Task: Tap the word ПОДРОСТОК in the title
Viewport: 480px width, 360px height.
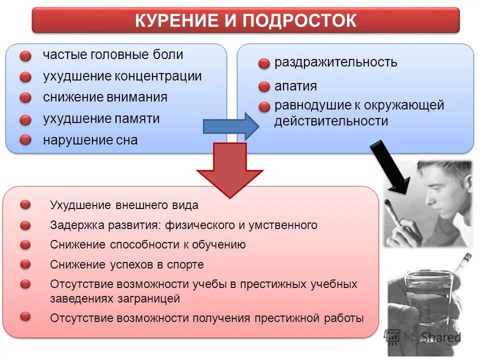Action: click(x=299, y=21)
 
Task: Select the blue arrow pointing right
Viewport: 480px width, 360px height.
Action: click(x=230, y=126)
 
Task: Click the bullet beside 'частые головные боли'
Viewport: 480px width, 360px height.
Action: click(x=25, y=56)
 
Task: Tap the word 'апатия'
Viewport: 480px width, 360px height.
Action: click(x=295, y=86)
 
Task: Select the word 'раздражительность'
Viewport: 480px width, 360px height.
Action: click(x=335, y=62)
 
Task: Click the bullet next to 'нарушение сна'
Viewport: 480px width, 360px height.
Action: click(x=25, y=140)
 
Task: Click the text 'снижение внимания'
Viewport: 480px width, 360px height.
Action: click(x=105, y=97)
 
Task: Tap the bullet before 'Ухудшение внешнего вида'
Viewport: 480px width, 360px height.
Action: click(x=25, y=204)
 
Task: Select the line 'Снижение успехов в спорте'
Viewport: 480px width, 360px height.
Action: click(x=127, y=264)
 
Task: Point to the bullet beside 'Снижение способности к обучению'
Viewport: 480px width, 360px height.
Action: click(x=25, y=244)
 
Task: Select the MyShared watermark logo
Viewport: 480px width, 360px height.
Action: click(x=422, y=337)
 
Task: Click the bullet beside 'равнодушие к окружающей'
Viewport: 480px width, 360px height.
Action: click(x=264, y=106)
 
